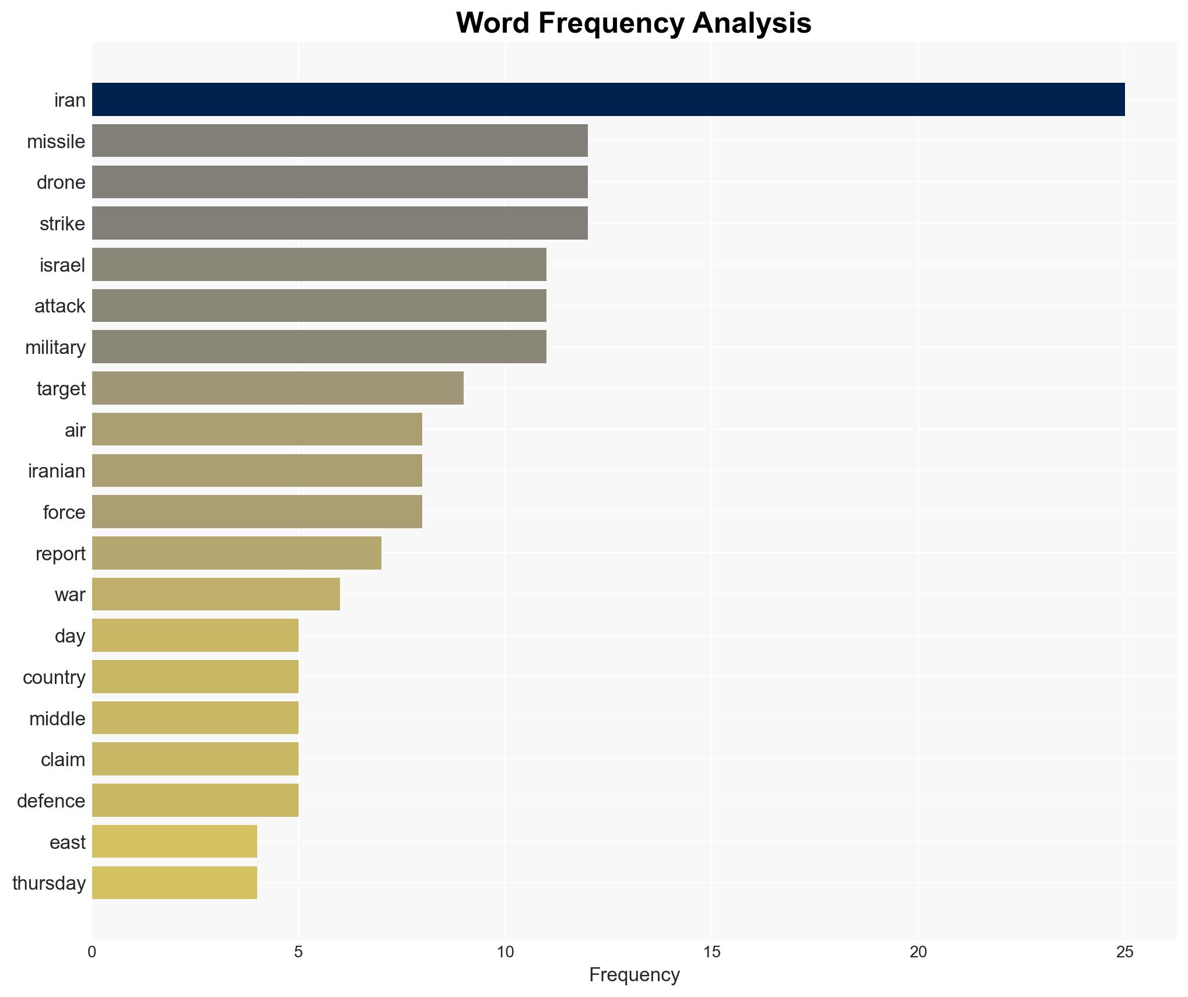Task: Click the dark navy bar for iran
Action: pos(608,99)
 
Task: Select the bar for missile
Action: pos(339,141)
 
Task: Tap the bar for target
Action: pos(278,388)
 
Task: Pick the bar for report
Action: pos(236,553)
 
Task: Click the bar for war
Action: pos(216,594)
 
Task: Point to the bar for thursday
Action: pos(174,883)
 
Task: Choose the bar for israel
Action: pos(319,264)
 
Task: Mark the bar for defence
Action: pos(195,800)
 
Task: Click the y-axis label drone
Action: pos(61,182)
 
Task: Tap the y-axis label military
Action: pos(55,347)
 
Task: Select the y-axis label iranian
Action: pos(57,471)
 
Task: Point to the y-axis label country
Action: pos(54,677)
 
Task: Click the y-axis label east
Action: pos(68,842)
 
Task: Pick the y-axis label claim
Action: pos(63,760)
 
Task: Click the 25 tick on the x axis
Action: pos(1124,952)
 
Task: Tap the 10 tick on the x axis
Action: pos(505,952)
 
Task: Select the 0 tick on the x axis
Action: pos(92,952)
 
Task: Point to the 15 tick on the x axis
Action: pos(712,952)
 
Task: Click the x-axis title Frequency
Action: pos(634,975)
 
